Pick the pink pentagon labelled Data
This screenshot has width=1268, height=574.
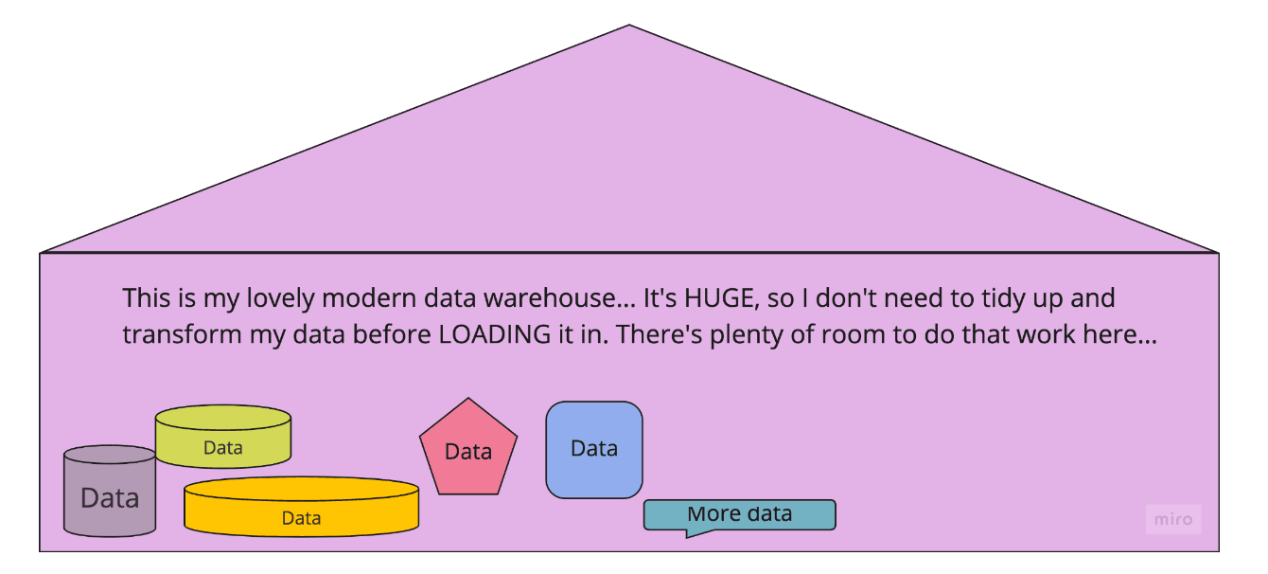(x=468, y=452)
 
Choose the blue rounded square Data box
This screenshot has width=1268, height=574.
(x=594, y=449)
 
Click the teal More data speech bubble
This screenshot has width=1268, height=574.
(x=739, y=514)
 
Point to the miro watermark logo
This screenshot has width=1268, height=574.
(x=1172, y=519)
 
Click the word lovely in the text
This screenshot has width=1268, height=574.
(x=275, y=299)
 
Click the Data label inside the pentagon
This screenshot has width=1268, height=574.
(x=468, y=452)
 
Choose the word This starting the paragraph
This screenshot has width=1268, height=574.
(x=144, y=299)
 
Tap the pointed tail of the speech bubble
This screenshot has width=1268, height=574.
(x=689, y=535)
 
